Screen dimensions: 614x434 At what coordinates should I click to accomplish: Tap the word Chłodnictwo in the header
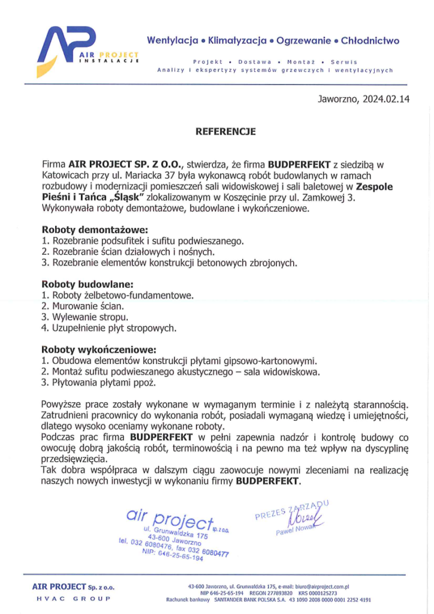coord(370,41)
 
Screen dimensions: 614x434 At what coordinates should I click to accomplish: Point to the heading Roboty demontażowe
coord(94,230)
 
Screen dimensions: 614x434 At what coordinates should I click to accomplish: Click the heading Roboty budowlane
coord(87,284)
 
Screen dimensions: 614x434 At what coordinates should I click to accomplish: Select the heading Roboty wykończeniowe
coord(98,350)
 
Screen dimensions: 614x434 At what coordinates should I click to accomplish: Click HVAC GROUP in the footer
coord(73,599)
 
